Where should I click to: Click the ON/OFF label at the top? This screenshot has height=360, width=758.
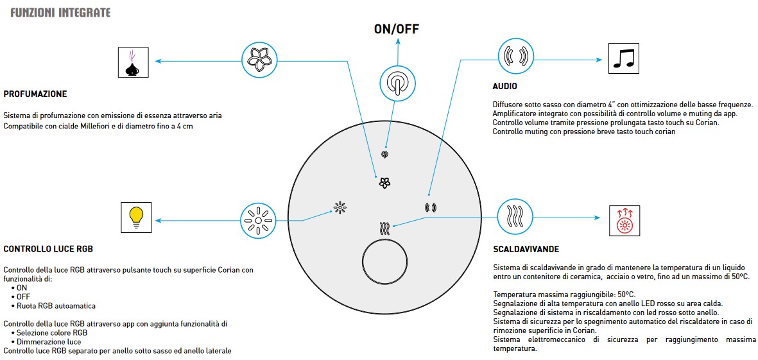tap(397, 29)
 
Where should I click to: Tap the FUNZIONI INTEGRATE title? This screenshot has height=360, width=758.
tap(60, 13)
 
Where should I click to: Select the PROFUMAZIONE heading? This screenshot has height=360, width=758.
tap(35, 94)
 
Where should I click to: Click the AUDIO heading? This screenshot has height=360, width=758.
tap(504, 86)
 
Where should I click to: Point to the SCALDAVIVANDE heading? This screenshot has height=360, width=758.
tap(526, 249)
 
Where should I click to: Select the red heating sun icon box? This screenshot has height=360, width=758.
tap(623, 221)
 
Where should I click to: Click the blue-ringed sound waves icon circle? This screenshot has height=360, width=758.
tap(517, 55)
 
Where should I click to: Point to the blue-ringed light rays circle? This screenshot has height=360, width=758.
tap(258, 221)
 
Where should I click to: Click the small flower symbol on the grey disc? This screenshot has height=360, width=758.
tap(384, 183)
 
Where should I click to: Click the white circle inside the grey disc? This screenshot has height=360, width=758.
tap(385, 262)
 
